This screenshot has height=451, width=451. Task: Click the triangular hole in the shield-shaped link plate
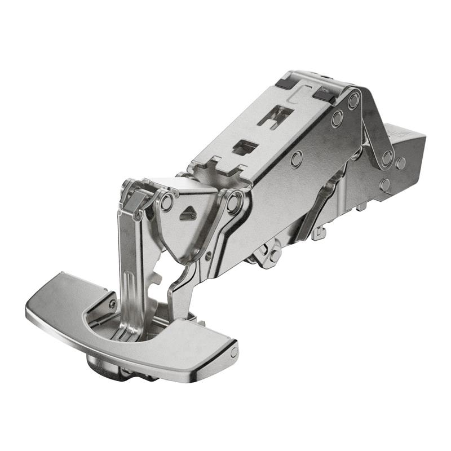coord(188,214)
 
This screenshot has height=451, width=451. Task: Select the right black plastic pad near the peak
coord(325,96)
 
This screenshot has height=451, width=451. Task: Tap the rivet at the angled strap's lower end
coord(387,158)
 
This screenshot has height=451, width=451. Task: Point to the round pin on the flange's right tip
coord(233,352)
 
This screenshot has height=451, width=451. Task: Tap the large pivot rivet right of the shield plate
coord(234,202)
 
